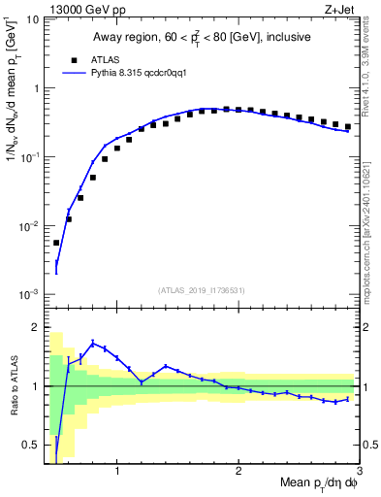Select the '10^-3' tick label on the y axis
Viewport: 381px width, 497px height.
(29, 293)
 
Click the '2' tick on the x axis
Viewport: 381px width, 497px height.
(238, 473)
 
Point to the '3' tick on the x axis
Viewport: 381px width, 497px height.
(359, 473)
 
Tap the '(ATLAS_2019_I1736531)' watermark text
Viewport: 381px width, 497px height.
(202, 289)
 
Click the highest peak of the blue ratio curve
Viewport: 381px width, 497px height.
(93, 343)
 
